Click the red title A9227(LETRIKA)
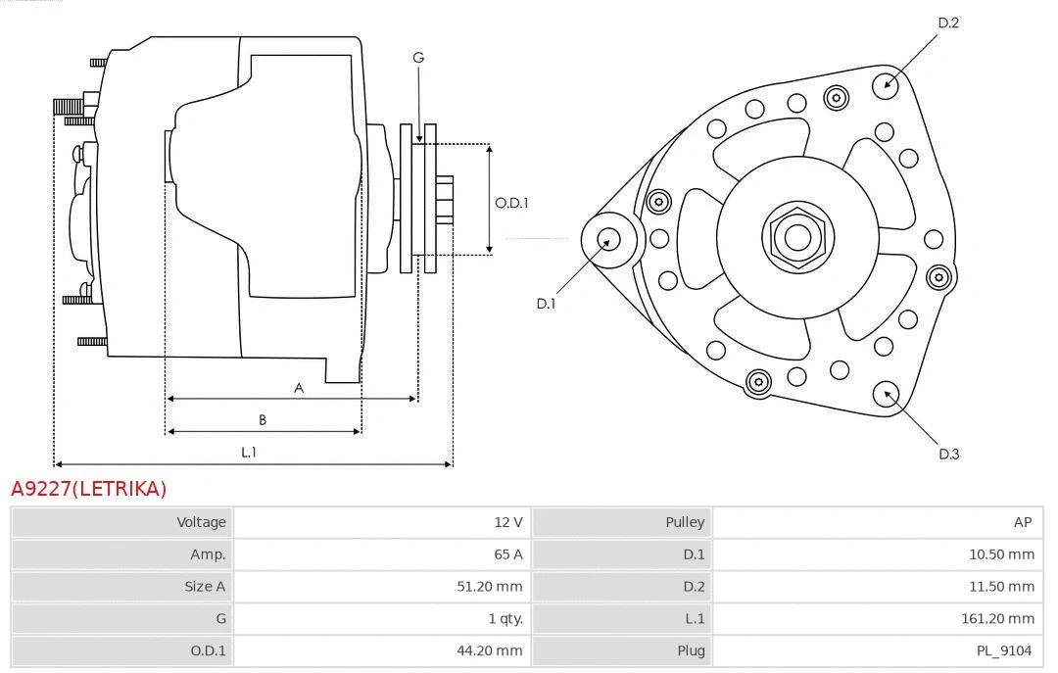click(x=88, y=488)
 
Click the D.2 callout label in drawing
click(x=947, y=23)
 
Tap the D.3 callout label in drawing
click(x=948, y=454)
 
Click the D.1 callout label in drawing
click(x=546, y=304)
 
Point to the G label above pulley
click(x=418, y=58)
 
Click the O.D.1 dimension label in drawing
click(x=511, y=203)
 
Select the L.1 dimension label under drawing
click(x=249, y=452)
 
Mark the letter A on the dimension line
click(x=299, y=388)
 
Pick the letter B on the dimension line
click(x=263, y=420)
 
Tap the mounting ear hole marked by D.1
click(x=608, y=239)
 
